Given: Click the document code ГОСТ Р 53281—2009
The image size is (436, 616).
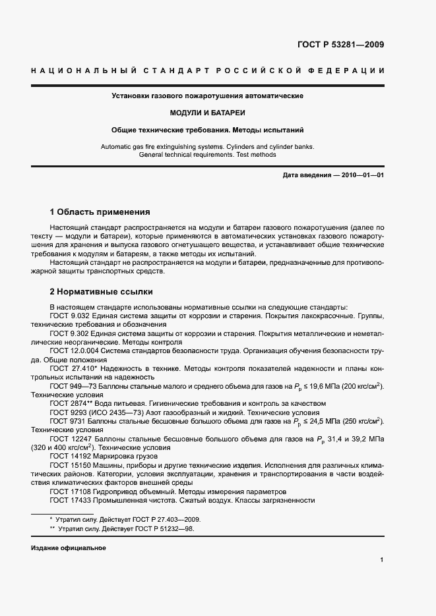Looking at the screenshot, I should (x=337, y=45).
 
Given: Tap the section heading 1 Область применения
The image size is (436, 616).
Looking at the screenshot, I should (x=100, y=212).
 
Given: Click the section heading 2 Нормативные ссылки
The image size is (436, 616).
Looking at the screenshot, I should (x=103, y=291).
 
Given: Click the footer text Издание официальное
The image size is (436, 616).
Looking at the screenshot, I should (x=68, y=548).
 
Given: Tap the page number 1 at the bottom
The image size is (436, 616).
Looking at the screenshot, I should (x=382, y=560).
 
